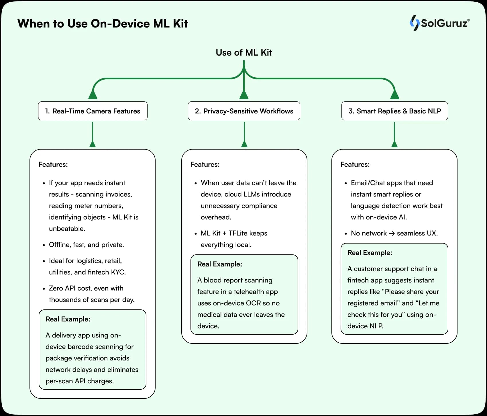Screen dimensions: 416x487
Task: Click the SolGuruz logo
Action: click(x=439, y=23)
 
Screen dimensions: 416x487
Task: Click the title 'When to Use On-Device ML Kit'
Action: click(x=103, y=23)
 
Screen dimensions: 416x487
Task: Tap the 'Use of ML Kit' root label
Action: click(x=244, y=52)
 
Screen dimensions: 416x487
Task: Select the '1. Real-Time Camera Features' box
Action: click(x=93, y=111)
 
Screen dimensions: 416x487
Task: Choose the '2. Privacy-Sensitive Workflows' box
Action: click(x=244, y=111)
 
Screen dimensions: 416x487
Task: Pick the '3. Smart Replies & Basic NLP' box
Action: click(x=394, y=111)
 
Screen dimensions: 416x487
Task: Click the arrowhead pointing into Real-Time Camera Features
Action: click(x=93, y=95)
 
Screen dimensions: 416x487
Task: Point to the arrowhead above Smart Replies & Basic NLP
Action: click(x=394, y=95)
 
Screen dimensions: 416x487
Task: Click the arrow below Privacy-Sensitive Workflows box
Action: click(x=244, y=135)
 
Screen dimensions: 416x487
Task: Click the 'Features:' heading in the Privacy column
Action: click(x=205, y=164)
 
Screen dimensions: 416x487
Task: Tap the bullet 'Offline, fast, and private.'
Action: click(x=86, y=245)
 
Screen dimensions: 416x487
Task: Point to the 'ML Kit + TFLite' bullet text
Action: click(x=234, y=233)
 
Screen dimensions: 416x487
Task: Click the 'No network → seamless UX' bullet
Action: click(x=394, y=233)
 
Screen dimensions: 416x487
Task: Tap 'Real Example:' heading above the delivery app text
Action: click(x=68, y=319)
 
